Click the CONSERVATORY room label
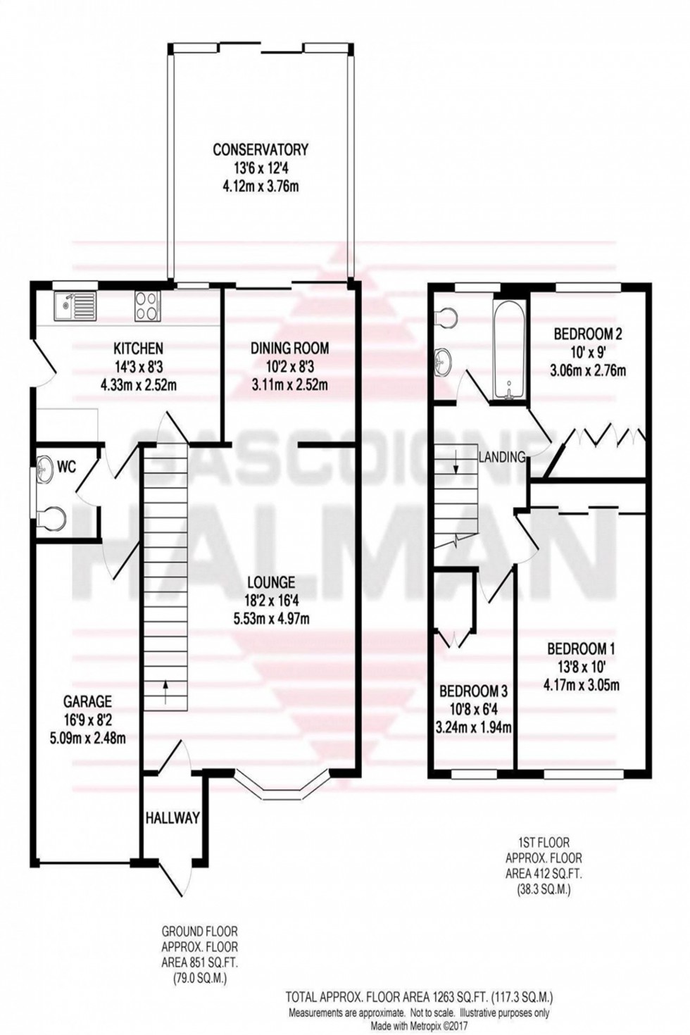pyautogui.click(x=261, y=149)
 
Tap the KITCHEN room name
pyautogui.click(x=139, y=348)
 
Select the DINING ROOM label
pyautogui.click(x=289, y=348)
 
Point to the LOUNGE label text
pyautogui.click(x=270, y=582)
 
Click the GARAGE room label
pyautogui.click(x=87, y=701)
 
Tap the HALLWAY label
pyautogui.click(x=172, y=818)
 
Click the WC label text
pyautogui.click(x=67, y=466)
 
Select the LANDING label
pyautogui.click(x=502, y=457)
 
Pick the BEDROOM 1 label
pyautogui.click(x=582, y=648)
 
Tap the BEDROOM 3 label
pyautogui.click(x=473, y=691)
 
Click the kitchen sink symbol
pyautogui.click(x=74, y=305)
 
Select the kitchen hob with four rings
pyautogui.click(x=147, y=306)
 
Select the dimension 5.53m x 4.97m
pyautogui.click(x=270, y=620)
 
